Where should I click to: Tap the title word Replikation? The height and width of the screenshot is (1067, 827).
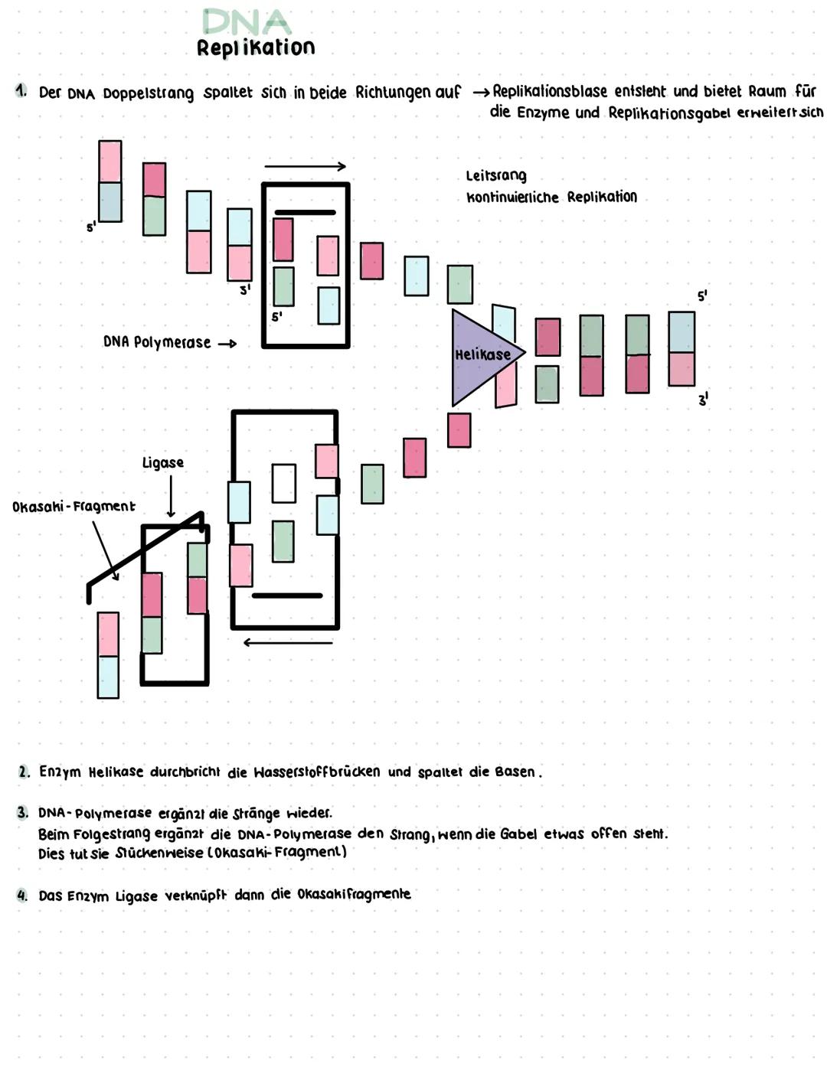tap(256, 48)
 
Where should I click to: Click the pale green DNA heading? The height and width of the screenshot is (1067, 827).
tap(247, 21)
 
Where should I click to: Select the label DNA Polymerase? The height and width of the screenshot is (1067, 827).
tap(157, 342)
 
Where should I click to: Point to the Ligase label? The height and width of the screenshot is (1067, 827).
tap(163, 462)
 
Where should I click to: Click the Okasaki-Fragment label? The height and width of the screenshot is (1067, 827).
tap(74, 506)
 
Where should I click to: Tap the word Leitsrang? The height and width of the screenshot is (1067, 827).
tap(496, 175)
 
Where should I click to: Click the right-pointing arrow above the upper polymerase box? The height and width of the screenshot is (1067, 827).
tap(305, 166)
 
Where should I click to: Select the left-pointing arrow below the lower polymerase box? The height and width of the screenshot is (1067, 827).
tap(288, 642)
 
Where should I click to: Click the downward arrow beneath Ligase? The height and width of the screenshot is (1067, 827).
tap(171, 496)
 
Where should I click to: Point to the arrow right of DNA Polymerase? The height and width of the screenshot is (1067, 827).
tap(227, 344)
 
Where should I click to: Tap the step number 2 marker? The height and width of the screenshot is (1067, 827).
tap(25, 772)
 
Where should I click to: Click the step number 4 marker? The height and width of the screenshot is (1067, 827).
tap(24, 895)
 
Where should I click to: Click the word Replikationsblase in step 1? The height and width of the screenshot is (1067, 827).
tap(550, 91)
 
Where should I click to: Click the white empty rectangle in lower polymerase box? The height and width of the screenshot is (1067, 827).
tap(284, 483)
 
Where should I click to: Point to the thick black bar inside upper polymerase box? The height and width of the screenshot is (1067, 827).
tap(305, 212)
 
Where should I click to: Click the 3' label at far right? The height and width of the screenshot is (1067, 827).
tap(703, 399)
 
